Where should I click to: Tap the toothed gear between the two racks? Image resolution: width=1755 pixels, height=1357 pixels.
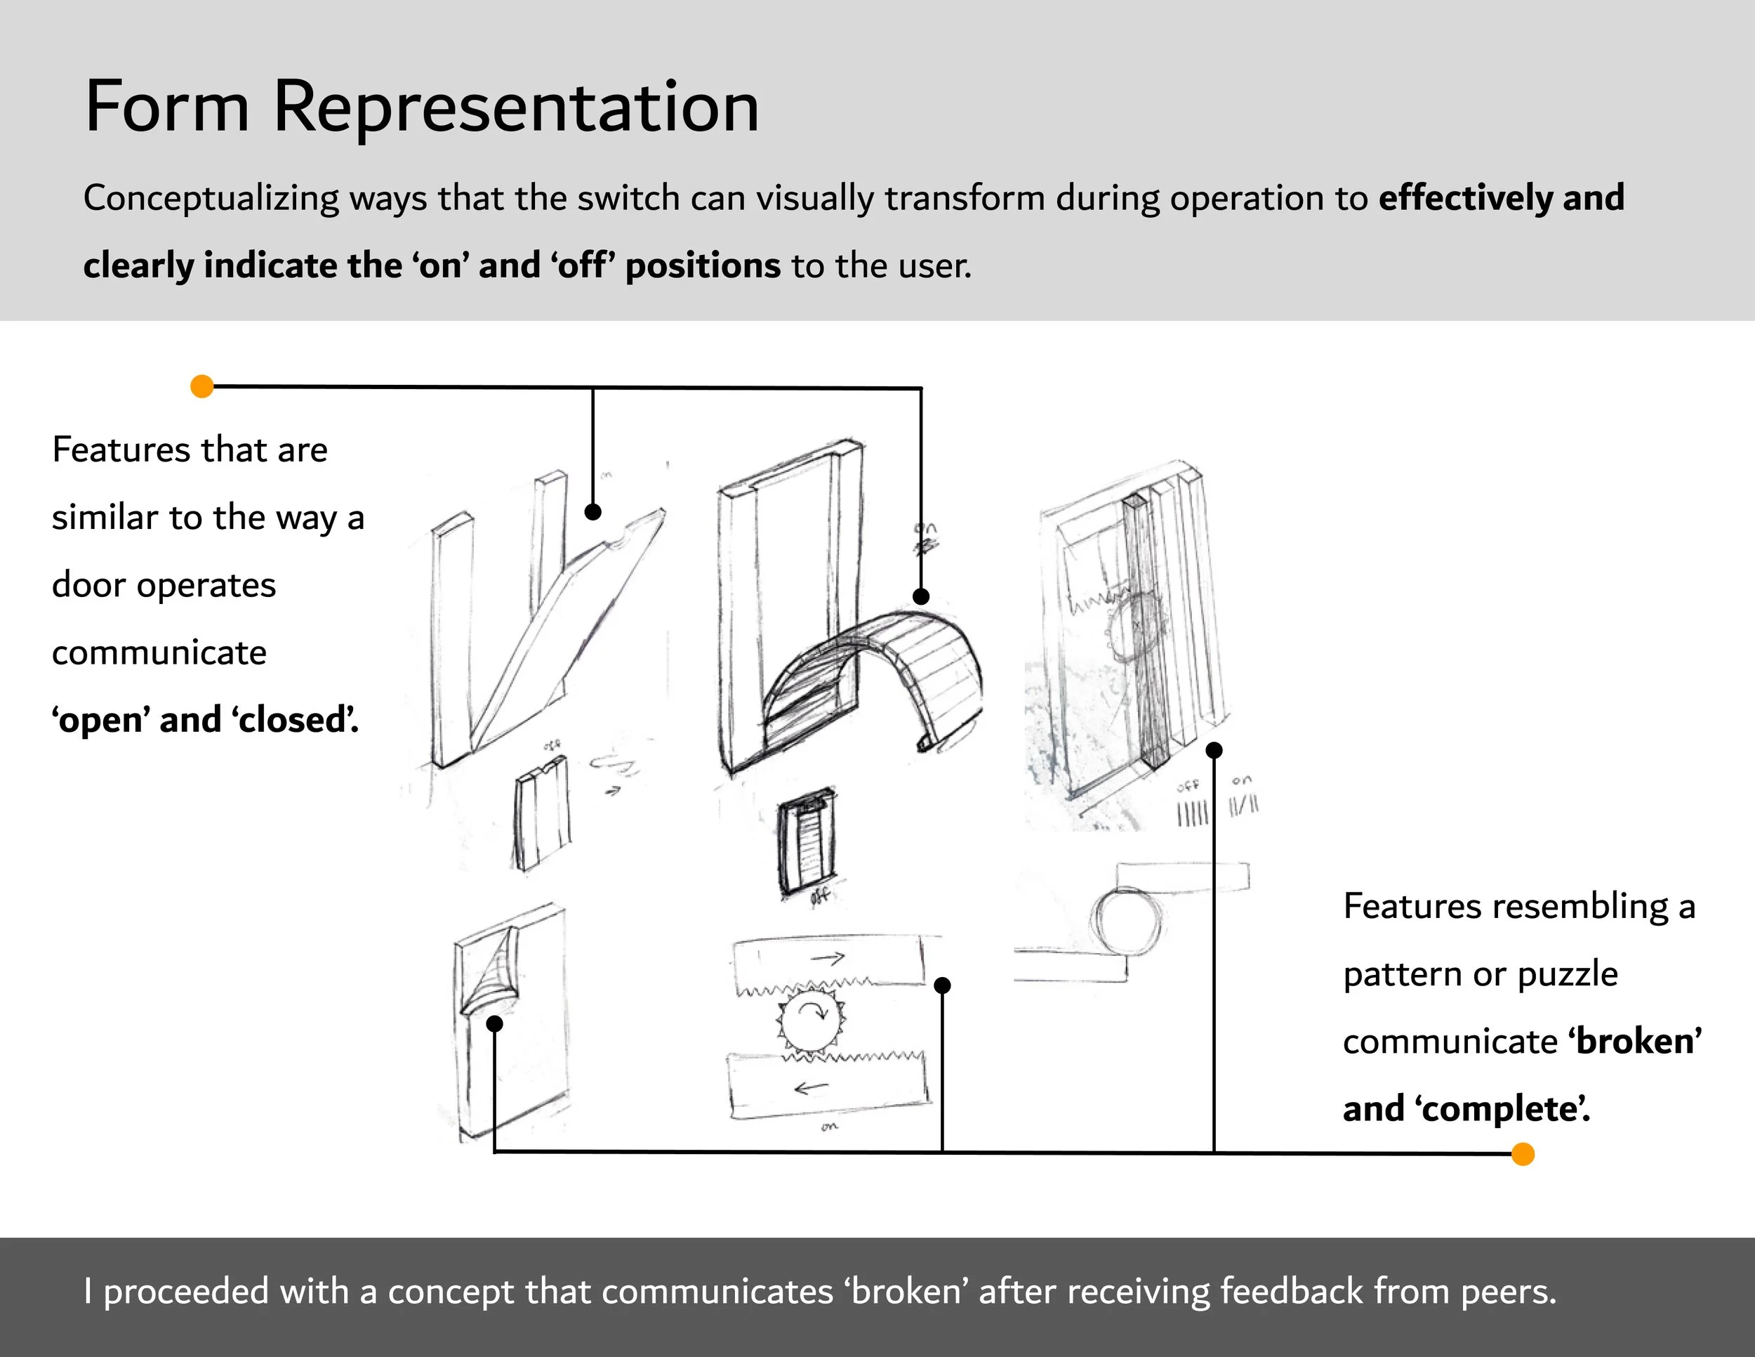coord(812,1019)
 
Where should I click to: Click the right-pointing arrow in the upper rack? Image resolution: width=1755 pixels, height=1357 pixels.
coord(828,958)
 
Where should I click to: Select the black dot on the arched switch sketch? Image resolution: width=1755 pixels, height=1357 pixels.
coord(921,596)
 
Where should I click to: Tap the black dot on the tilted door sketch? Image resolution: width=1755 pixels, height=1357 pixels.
coord(593,512)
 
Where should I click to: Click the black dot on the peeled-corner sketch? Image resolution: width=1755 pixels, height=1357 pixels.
coord(495,1023)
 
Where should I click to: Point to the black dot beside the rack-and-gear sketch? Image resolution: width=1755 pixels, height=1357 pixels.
coord(943,985)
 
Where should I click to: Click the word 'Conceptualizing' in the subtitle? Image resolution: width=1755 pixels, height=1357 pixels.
coord(211,199)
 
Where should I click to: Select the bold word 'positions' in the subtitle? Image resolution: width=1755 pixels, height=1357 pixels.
coord(702,266)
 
